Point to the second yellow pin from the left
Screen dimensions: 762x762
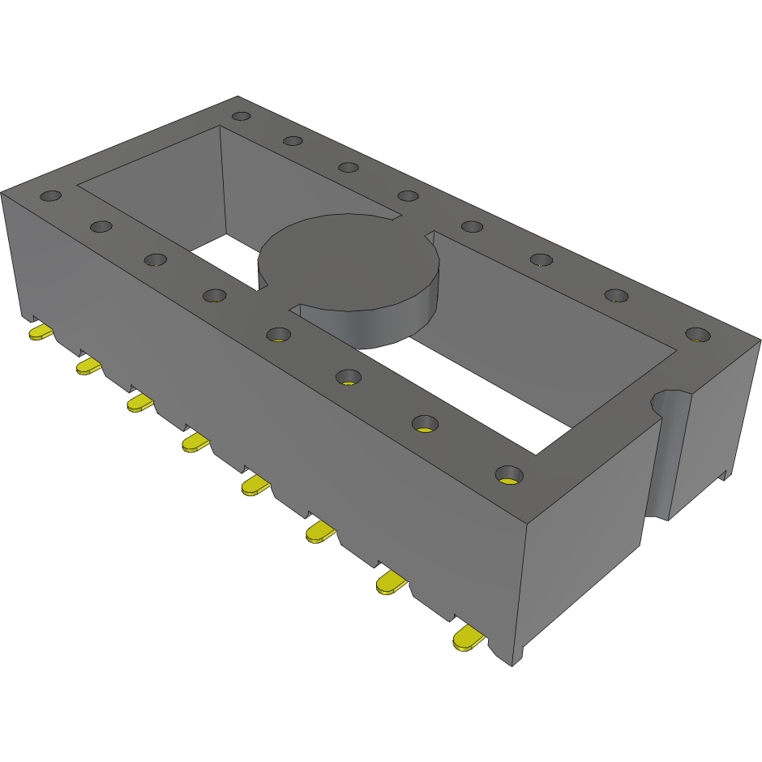[88, 366]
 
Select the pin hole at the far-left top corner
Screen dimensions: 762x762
[51, 196]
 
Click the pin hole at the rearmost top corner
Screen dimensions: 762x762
[241, 116]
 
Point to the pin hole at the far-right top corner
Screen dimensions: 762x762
[696, 334]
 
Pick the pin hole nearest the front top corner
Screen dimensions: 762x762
[508, 473]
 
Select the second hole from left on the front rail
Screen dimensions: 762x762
[101, 225]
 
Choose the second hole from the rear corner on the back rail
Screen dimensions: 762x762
[293, 141]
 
